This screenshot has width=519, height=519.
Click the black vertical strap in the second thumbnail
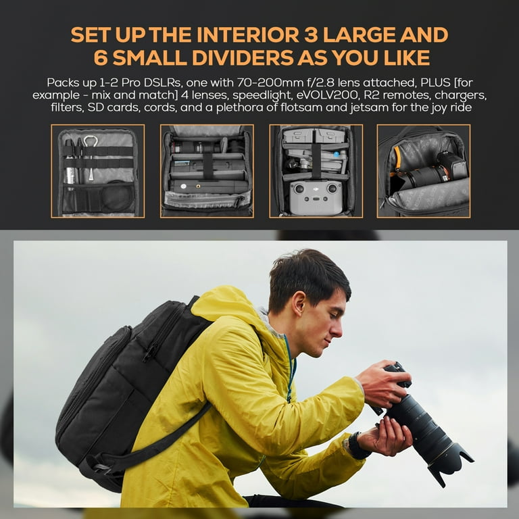pos(208,165)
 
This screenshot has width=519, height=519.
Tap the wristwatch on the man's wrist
pos(355,447)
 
